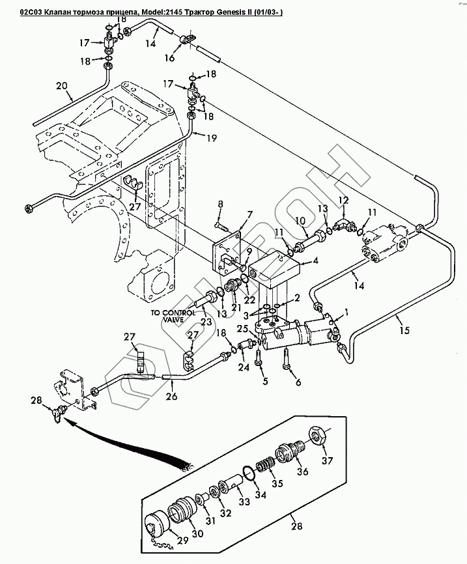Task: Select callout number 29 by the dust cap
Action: coord(183,540)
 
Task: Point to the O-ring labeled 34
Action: coord(249,472)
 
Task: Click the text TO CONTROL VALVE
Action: coord(173,316)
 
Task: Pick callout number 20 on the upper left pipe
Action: coord(62,87)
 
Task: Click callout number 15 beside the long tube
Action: coord(404,330)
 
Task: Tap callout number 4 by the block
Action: coord(315,261)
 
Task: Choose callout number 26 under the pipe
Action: coord(171,396)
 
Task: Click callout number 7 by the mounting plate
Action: coord(250,215)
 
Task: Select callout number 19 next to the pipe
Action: coord(212,138)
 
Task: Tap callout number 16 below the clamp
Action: coord(169,57)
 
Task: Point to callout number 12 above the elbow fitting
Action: coord(344,200)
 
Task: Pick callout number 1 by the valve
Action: coord(347,313)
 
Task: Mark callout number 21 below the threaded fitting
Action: coord(236,307)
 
